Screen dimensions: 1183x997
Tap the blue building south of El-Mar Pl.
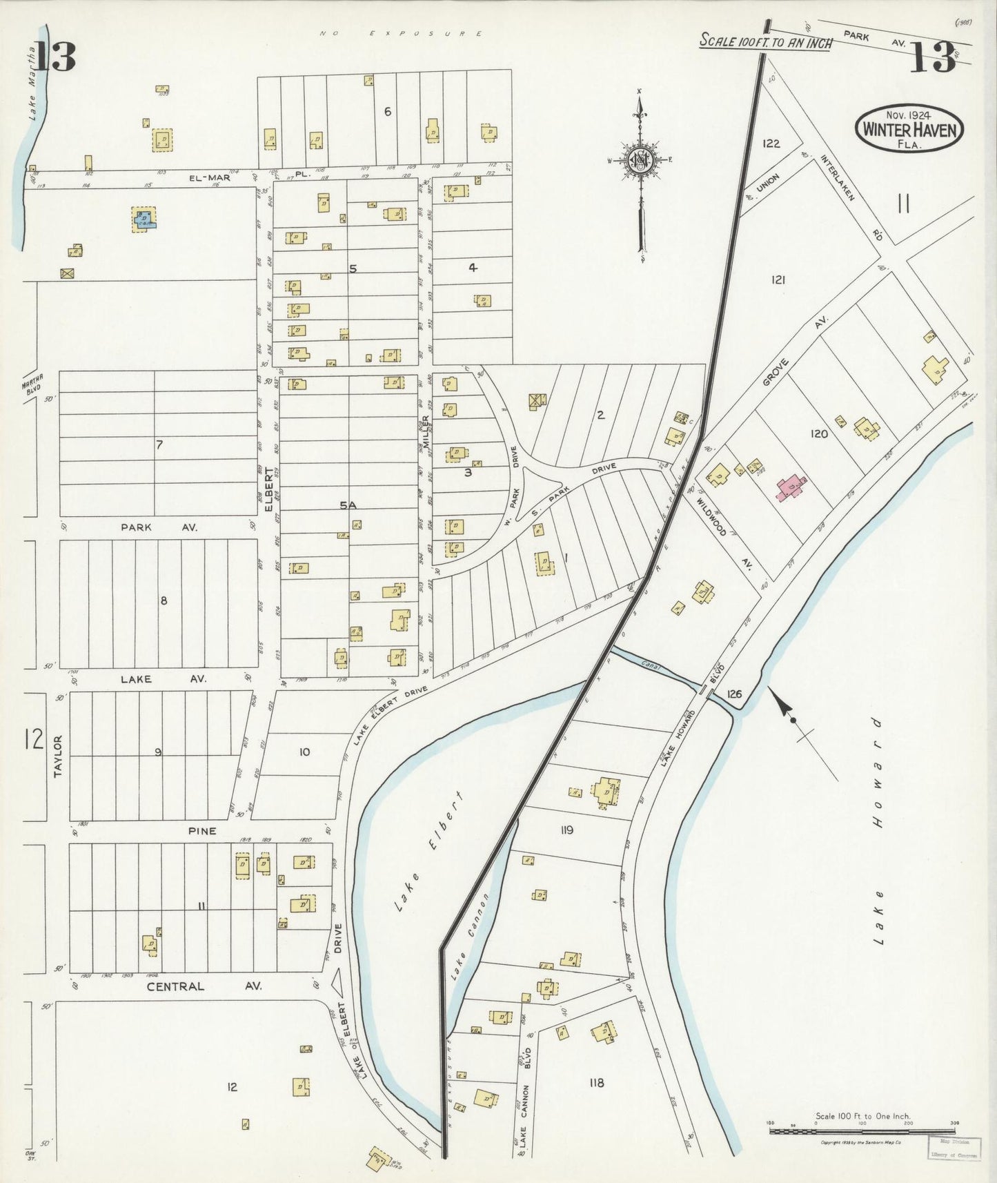coord(145,220)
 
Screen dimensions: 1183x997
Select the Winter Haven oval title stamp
coord(909,129)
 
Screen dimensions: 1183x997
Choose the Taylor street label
coord(58,756)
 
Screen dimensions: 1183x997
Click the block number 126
coord(733,694)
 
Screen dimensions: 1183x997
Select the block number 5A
coord(348,505)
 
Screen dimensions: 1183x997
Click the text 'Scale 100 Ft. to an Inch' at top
coord(766,41)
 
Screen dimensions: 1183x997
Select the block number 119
coord(566,830)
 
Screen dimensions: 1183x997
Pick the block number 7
coord(159,444)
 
